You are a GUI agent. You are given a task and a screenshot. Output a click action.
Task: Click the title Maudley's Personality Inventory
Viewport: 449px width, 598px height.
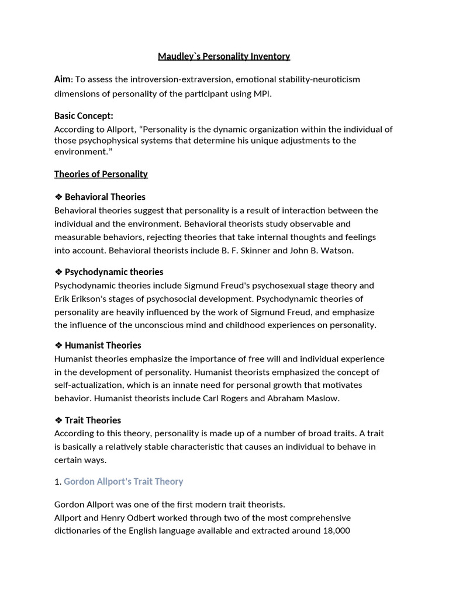click(224, 57)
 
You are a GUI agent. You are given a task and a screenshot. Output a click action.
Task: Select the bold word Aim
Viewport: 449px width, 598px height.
click(62, 79)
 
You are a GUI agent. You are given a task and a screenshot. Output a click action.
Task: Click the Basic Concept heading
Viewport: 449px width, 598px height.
click(84, 116)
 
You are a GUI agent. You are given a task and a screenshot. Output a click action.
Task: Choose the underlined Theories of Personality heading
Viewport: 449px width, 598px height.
click(101, 174)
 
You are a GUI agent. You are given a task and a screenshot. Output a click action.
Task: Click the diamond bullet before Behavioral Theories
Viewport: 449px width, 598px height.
click(58, 197)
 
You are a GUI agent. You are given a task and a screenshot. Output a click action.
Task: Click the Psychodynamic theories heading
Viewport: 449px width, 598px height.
click(113, 272)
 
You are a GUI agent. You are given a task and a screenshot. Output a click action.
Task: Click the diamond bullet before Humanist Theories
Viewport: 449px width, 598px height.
click(58, 345)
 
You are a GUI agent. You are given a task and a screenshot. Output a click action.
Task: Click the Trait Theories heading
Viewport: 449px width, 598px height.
click(92, 420)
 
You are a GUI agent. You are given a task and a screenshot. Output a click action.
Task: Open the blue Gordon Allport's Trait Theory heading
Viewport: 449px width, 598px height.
click(123, 482)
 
